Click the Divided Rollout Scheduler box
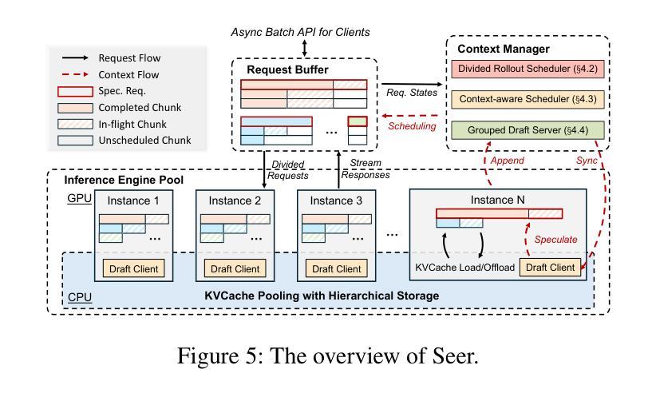tap(526, 69)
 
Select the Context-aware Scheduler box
tap(526, 99)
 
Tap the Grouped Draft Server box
tap(526, 129)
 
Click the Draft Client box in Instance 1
tap(133, 269)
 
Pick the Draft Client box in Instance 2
tap(235, 269)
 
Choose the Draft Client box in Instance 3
tap(337, 269)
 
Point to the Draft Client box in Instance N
tap(550, 268)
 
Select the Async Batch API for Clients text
tap(300, 32)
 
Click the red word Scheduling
tap(412, 125)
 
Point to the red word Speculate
tap(556, 239)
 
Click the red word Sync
tap(587, 160)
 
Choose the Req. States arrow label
tap(412, 93)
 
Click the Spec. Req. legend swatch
tap(74, 91)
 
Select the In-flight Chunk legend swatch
tap(74, 124)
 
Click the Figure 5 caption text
tap(327, 355)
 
